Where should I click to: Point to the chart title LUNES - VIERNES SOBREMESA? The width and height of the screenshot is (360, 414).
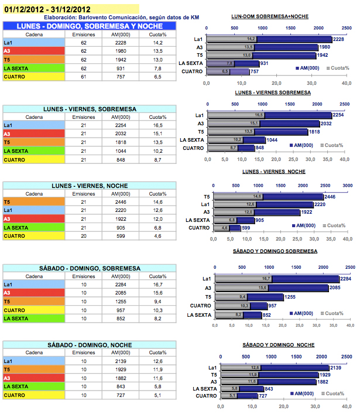(x=273, y=93)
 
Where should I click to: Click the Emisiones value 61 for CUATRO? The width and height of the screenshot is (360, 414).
(x=84, y=76)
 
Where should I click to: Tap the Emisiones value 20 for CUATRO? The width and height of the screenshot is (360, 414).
(x=84, y=235)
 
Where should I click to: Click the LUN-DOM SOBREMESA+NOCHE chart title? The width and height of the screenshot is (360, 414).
(x=270, y=16)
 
